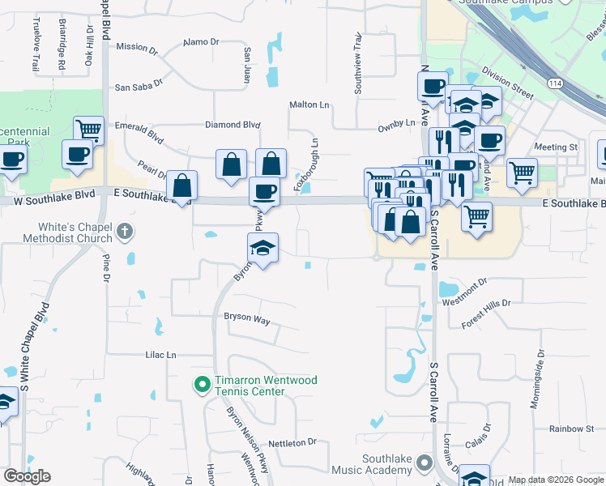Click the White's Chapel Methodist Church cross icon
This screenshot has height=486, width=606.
point(123,232)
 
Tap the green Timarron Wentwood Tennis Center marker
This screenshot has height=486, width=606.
point(201,383)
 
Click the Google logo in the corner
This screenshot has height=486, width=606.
point(27,476)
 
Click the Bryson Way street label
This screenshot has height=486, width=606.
point(246,319)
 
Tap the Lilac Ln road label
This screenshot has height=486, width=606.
point(160,355)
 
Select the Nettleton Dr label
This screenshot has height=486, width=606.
point(292,442)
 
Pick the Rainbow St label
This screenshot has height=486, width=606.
point(571,428)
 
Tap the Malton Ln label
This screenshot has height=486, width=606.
point(309,104)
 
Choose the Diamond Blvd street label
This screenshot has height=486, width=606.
point(233,125)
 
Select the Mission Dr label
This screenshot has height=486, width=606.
point(137,47)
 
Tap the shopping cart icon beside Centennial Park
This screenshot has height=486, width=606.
point(88,129)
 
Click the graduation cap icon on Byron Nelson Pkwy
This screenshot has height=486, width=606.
point(262,247)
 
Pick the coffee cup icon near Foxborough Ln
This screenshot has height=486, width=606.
point(263,192)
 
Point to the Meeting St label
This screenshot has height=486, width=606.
point(556,147)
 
